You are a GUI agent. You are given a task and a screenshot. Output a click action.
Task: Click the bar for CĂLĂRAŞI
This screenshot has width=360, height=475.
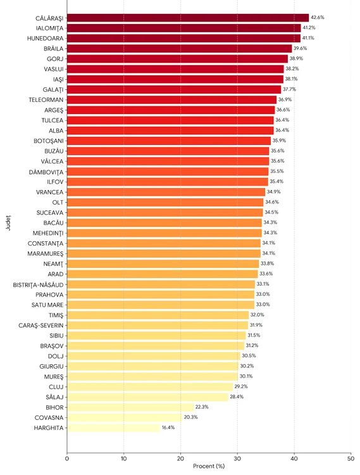(188, 18)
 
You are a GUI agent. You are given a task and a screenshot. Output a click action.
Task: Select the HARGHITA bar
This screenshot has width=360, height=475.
(113, 427)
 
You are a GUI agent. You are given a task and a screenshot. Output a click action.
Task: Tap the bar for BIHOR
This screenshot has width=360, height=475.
(130, 407)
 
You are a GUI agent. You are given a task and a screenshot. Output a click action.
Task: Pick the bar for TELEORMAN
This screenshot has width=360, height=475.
(171, 99)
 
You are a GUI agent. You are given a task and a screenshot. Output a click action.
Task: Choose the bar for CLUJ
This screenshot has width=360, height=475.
(150, 386)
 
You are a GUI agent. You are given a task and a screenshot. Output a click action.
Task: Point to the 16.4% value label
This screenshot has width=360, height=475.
(169, 427)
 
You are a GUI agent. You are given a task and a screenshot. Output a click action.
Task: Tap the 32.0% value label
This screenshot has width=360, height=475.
(258, 315)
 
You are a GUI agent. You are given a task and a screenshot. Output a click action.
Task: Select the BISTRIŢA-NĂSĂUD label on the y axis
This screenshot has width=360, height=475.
(37, 284)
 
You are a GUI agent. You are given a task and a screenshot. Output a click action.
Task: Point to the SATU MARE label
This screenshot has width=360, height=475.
(46, 305)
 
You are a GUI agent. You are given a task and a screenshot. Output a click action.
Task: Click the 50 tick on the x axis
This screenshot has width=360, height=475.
(351, 458)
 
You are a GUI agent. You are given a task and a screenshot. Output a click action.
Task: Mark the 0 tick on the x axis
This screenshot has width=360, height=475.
(67, 458)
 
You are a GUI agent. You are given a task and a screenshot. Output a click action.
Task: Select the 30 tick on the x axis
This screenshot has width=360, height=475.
(237, 458)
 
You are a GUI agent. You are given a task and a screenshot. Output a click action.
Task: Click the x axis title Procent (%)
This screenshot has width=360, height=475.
(209, 467)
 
